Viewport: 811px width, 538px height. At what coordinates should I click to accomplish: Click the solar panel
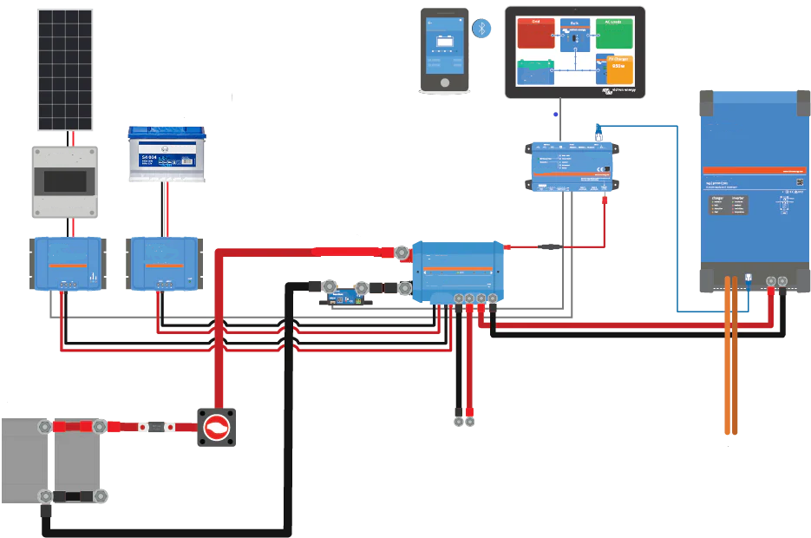(x=65, y=69)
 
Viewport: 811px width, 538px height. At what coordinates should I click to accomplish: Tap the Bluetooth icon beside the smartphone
(x=480, y=29)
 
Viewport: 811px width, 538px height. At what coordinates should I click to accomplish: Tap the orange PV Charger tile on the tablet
(x=614, y=69)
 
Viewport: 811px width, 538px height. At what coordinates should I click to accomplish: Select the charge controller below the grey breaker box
(x=65, y=264)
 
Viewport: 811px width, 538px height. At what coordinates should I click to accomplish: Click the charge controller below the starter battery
(x=165, y=264)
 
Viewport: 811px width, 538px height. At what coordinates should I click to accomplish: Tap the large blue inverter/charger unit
(x=753, y=191)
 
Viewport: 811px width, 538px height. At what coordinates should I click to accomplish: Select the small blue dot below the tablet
(x=555, y=114)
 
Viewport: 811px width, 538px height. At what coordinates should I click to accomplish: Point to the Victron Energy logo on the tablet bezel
(x=619, y=91)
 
